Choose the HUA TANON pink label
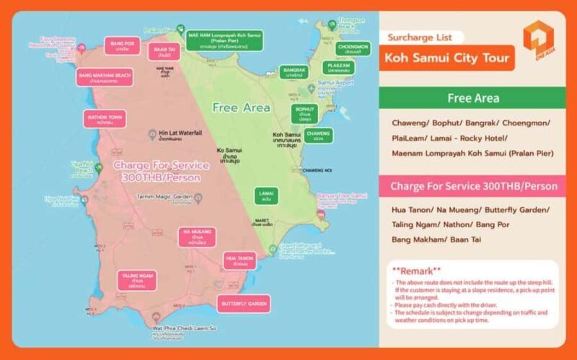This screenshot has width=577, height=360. (239, 260)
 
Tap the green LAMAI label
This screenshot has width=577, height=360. (266, 195)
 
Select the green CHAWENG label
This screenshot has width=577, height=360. (318, 135)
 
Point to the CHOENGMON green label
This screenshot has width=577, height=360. (353, 48)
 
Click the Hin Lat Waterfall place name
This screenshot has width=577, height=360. (180, 134)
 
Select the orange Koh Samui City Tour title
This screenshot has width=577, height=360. (446, 57)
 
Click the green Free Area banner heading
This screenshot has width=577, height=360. (475, 98)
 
